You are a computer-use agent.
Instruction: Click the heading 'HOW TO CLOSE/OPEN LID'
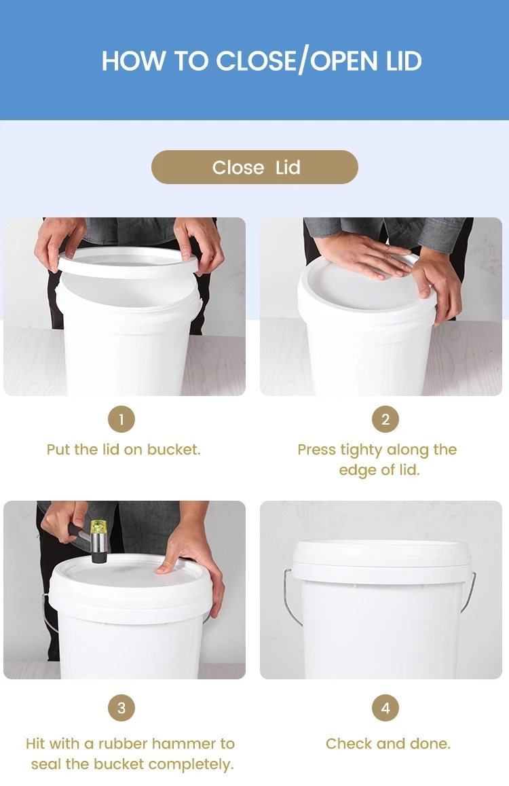pyautogui.click(x=261, y=61)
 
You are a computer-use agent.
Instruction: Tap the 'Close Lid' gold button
pyautogui.click(x=254, y=167)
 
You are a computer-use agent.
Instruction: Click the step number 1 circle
pyautogui.click(x=121, y=419)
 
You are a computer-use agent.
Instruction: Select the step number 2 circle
pyautogui.click(x=385, y=419)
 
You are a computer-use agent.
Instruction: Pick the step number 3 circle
pyautogui.click(x=121, y=709)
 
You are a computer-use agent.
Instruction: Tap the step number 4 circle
pyautogui.click(x=385, y=709)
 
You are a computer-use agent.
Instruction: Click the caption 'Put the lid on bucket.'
pyautogui.click(x=124, y=450)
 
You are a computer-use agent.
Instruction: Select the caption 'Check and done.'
pyautogui.click(x=388, y=743)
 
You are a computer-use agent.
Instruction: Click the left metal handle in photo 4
pyautogui.click(x=290, y=598)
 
